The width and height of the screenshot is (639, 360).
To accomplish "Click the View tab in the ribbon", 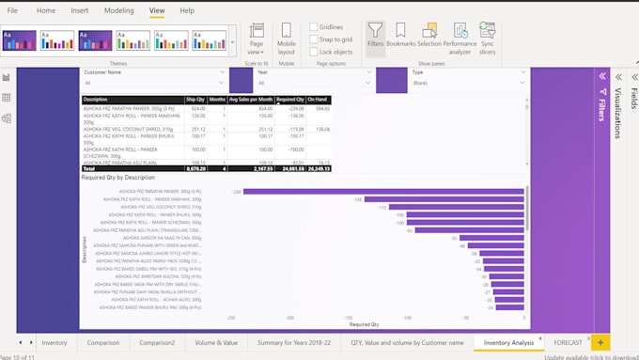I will point(157,10).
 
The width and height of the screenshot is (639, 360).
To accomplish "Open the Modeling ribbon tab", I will point(118,10).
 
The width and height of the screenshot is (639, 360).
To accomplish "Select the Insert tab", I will point(81,10).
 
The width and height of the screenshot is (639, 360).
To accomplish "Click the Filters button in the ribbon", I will point(375,37).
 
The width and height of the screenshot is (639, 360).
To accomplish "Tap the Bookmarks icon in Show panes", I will point(400,37).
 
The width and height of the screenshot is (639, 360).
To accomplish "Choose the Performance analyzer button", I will point(460,37).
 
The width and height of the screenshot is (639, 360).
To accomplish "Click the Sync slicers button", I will point(487,37).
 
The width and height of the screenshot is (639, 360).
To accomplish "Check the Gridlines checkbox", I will point(313,27).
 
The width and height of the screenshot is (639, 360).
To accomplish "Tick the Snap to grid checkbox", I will point(313,39).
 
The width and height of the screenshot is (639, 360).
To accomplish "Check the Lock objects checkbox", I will point(313,52).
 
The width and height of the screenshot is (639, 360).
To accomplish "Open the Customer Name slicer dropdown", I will point(222,83).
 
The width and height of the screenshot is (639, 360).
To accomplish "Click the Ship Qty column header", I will point(195,99).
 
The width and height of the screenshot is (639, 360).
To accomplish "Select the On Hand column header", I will point(320,99).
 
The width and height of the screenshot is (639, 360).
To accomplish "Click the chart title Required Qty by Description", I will point(118,177).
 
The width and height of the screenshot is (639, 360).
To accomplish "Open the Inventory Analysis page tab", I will point(508,343).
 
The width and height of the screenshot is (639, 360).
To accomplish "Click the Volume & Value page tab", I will point(216,343).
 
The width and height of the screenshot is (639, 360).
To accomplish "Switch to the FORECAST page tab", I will point(569,343).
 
